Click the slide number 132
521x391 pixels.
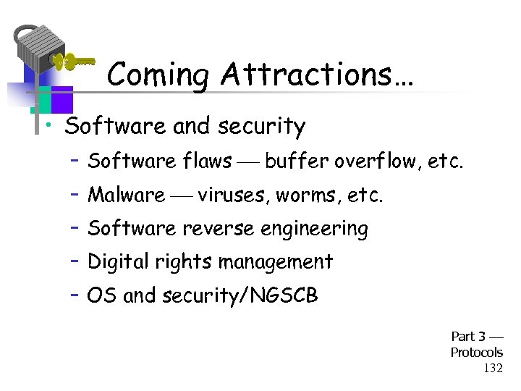click(493, 369)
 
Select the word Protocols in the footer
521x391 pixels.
click(476, 353)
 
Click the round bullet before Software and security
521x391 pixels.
click(48, 127)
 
